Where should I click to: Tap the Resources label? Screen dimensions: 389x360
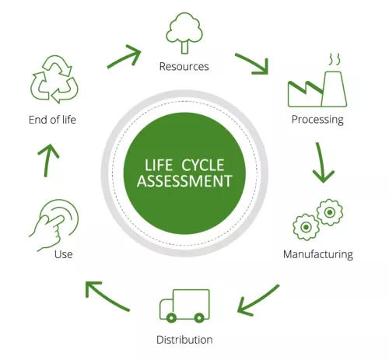(184, 67)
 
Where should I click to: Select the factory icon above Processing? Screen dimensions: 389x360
(317, 89)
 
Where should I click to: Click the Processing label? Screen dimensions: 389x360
(317, 120)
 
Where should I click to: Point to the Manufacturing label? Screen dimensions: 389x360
(318, 254)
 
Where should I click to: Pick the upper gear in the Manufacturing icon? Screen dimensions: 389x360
(330, 212)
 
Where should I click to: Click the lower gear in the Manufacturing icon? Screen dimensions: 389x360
(306, 227)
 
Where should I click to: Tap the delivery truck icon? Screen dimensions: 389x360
(184, 306)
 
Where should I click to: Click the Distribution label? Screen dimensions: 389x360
(184, 340)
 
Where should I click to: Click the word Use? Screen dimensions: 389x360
(64, 254)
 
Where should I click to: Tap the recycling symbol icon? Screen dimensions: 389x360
(54, 79)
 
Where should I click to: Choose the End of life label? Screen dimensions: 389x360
(52, 120)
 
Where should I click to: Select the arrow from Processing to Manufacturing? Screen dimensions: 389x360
(321, 163)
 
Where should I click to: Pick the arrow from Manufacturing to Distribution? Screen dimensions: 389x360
(258, 301)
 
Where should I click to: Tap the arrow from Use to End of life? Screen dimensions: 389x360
(47, 160)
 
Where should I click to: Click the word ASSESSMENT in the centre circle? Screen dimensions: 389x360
(184, 181)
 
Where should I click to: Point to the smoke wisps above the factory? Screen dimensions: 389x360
(335, 59)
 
